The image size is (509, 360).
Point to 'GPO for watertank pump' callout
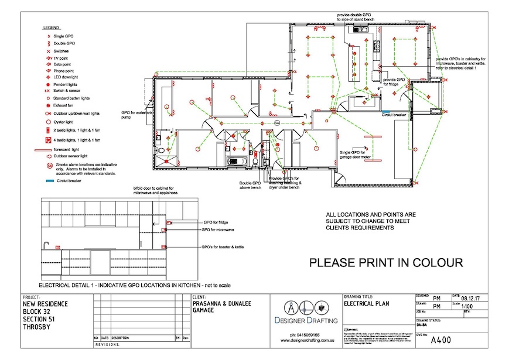click(x=134, y=114)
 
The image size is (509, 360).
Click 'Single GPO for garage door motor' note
click(x=357, y=155)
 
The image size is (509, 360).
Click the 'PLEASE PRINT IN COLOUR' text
click(x=386, y=263)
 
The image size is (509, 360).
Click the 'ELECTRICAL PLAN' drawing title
click(x=367, y=304)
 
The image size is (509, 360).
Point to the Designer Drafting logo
click(x=305, y=311)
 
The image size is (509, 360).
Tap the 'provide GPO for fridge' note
click(x=394, y=81)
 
